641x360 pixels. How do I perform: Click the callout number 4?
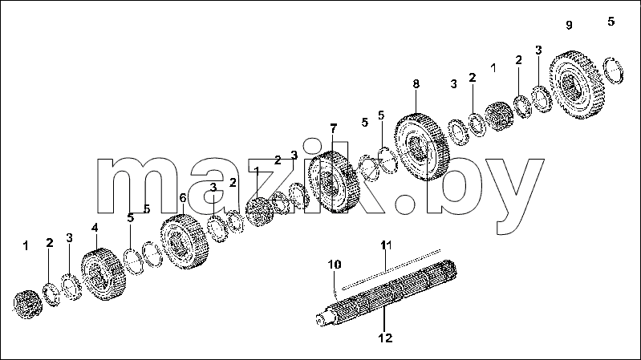[x=95, y=228]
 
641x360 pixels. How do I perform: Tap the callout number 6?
[x=183, y=198]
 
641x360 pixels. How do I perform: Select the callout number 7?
[x=334, y=129]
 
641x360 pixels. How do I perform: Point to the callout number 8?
[x=416, y=83]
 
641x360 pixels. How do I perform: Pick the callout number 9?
[x=569, y=25]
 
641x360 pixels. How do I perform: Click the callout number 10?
[x=335, y=265]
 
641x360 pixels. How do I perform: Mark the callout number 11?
[x=386, y=245]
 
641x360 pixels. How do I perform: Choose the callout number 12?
[x=385, y=338]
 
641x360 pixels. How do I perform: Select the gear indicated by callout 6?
[x=185, y=241]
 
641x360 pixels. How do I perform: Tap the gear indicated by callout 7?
[x=334, y=182]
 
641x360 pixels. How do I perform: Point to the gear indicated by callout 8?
[x=422, y=147]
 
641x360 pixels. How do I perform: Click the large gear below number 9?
[x=576, y=84]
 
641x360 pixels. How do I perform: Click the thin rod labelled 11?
[x=391, y=269]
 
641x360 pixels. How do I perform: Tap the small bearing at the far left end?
[x=28, y=305]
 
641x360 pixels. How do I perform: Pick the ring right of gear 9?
[x=614, y=71]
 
